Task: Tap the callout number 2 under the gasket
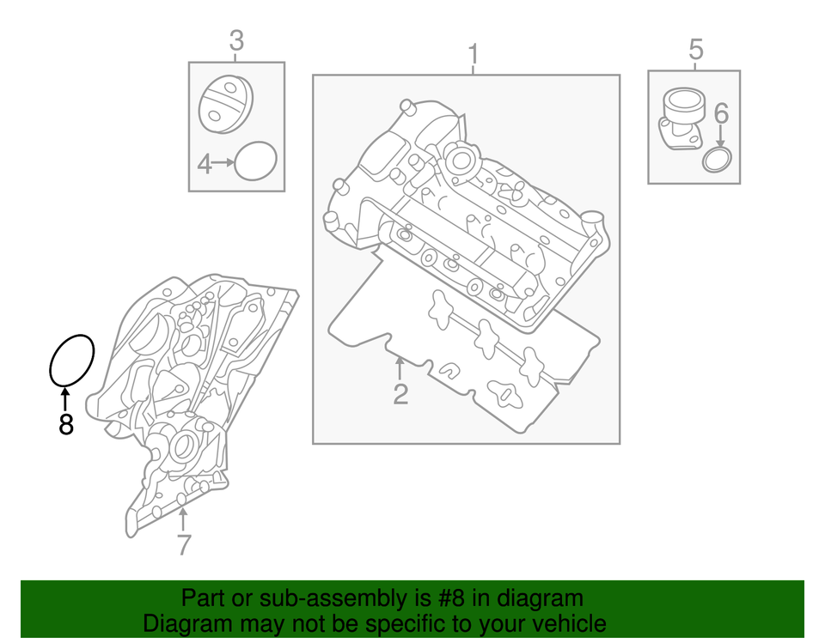tap(400, 394)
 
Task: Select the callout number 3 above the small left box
tap(236, 39)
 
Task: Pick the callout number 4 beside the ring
tap(204, 162)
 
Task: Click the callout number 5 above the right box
tap(695, 50)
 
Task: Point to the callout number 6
tap(720, 112)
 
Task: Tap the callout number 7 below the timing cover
tap(184, 543)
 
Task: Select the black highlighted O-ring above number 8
tap(70, 360)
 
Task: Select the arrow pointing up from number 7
tap(183, 519)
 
